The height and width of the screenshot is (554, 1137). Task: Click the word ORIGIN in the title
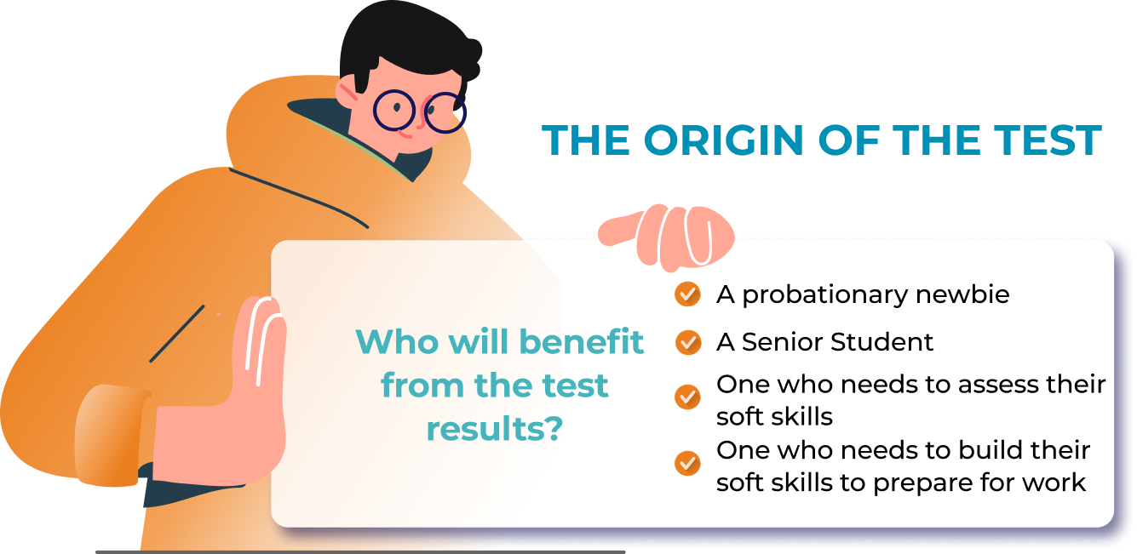[723, 140]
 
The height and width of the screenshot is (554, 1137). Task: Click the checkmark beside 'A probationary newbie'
[688, 294]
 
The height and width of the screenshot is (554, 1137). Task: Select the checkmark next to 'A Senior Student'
[688, 342]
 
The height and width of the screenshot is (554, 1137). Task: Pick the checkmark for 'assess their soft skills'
[688, 397]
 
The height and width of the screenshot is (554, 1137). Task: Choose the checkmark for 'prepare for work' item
[688, 463]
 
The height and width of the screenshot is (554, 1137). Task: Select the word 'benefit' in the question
[582, 341]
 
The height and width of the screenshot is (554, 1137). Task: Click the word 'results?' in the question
[495, 429]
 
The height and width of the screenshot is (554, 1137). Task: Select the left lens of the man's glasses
[394, 110]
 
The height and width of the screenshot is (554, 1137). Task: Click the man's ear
[347, 91]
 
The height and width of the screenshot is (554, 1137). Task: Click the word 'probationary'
[824, 295]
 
